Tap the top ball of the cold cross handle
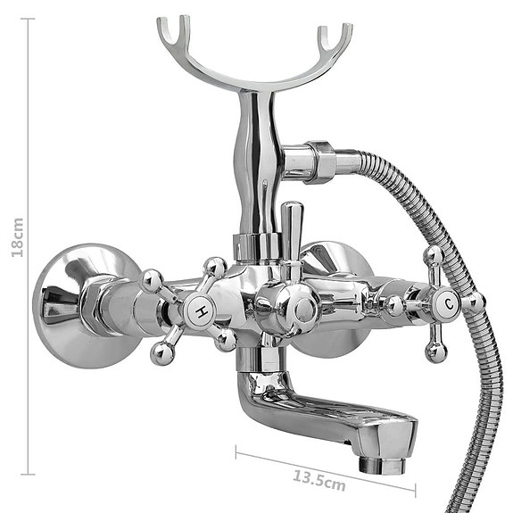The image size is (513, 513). [434, 255]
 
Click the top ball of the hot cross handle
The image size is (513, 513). [215, 267]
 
